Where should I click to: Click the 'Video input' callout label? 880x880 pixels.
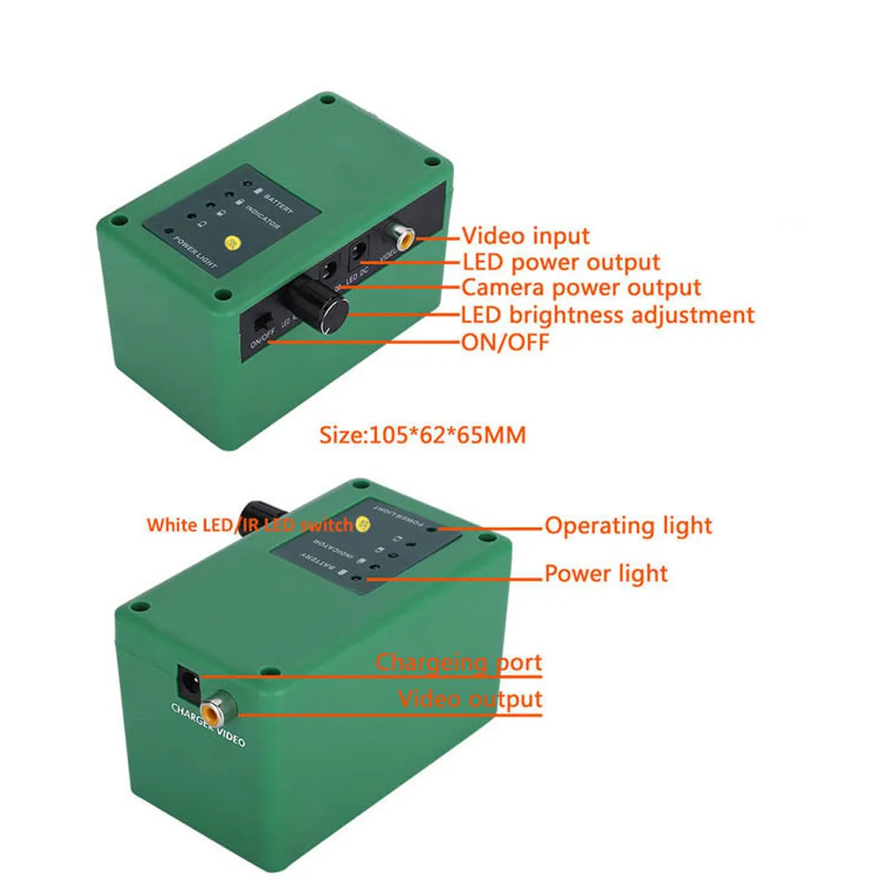click(525, 236)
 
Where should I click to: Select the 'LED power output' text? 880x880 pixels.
click(561, 262)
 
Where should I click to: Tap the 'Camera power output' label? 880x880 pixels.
click(581, 288)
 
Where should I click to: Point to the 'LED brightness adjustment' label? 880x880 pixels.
click(607, 314)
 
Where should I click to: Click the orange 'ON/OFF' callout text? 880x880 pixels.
click(504, 341)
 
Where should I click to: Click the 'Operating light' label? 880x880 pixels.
click(628, 526)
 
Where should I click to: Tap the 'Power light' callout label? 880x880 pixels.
click(605, 574)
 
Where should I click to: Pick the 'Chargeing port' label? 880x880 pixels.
click(459, 662)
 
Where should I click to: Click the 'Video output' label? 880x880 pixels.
click(470, 700)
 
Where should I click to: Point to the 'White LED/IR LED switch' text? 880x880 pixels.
click(249, 525)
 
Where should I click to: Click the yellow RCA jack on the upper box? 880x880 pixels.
click(404, 236)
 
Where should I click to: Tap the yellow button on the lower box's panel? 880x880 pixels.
click(360, 524)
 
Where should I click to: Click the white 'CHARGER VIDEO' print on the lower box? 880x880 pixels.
click(207, 725)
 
